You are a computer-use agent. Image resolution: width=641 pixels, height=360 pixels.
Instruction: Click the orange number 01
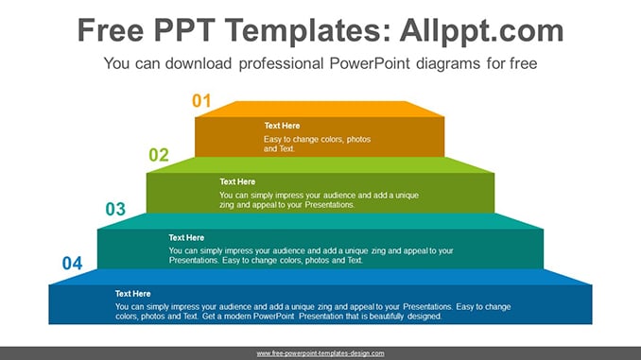[201, 100]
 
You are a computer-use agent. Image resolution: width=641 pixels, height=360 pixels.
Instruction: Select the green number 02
[159, 155]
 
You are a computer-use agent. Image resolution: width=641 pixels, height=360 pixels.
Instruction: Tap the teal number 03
[115, 209]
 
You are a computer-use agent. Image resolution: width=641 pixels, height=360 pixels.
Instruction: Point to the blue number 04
[73, 263]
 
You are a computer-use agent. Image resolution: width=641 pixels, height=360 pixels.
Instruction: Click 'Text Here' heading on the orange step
[282, 126]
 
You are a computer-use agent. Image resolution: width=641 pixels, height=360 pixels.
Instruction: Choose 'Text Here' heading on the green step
[237, 181]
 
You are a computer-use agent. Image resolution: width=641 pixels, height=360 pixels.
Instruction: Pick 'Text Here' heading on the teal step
[186, 237]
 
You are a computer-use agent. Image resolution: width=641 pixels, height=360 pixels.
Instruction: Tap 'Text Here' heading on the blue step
[133, 294]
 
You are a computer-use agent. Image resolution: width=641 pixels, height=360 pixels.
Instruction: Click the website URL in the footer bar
[320, 353]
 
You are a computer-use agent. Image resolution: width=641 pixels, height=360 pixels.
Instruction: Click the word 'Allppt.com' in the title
[481, 30]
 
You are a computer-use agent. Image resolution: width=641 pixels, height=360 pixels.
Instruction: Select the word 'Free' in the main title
[111, 30]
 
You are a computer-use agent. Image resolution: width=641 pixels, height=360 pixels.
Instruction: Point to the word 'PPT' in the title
[184, 30]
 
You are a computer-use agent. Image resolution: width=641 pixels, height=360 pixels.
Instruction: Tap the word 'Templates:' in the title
[308, 30]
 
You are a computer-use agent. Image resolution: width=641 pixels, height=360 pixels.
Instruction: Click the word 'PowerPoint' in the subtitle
[369, 63]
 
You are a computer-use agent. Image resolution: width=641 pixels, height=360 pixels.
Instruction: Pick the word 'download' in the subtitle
[199, 63]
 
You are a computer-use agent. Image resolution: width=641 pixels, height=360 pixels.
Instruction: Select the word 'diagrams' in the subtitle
[447, 63]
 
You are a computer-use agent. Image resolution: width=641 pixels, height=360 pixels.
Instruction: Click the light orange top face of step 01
[320, 109]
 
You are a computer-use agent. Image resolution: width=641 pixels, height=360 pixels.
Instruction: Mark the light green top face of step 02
[320, 165]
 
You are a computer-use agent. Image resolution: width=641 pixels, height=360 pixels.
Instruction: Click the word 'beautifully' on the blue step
[387, 317]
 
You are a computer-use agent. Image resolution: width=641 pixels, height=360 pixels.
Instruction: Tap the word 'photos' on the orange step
[358, 139]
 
